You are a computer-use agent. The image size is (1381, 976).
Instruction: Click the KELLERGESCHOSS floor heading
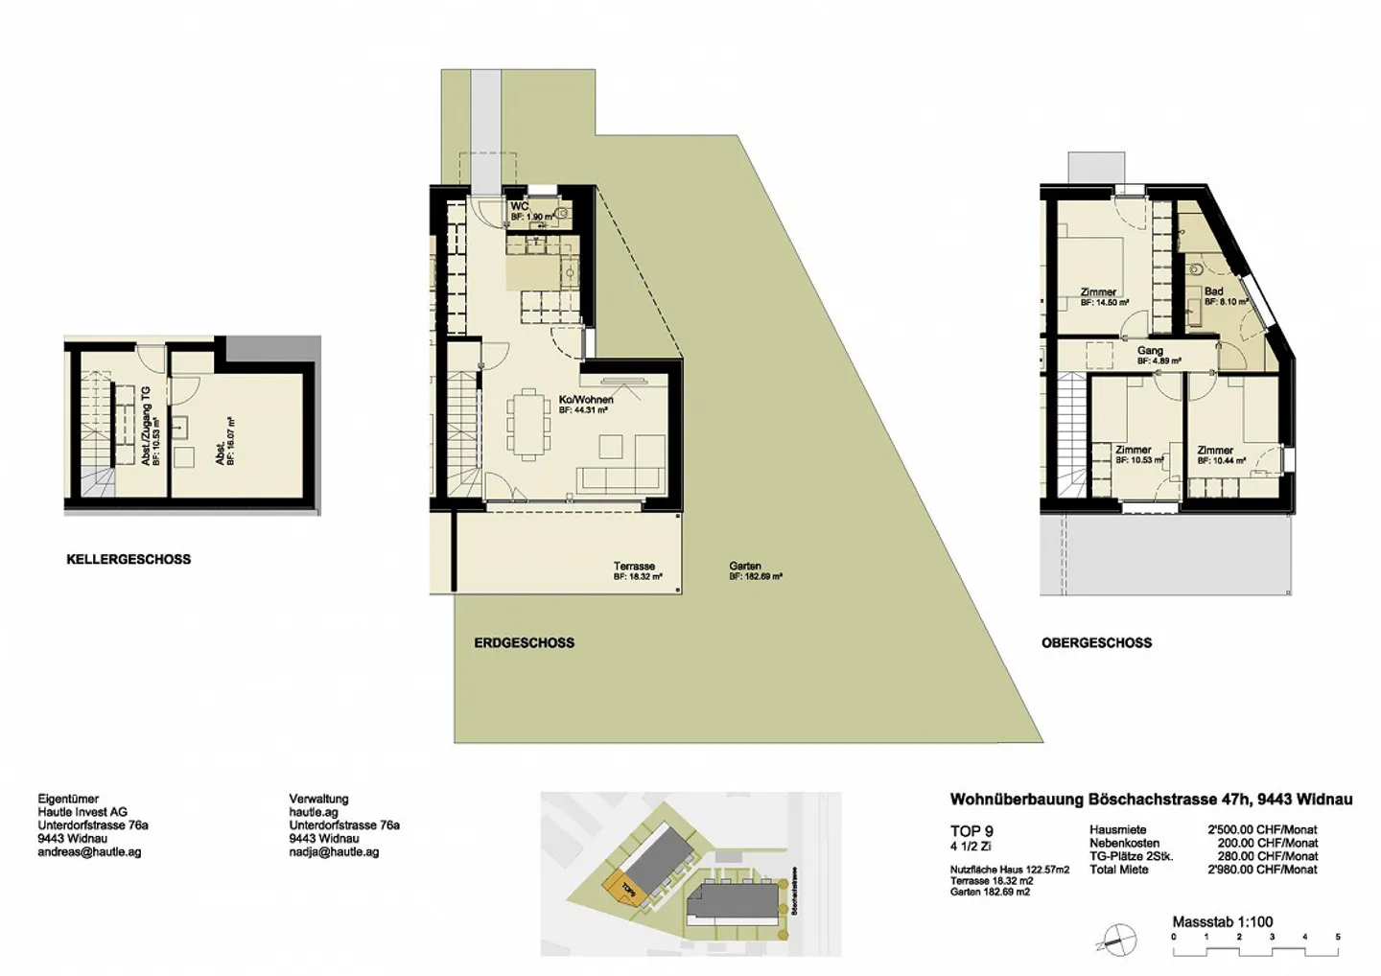[x=129, y=559]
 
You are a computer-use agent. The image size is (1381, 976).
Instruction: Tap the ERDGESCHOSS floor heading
[x=524, y=643]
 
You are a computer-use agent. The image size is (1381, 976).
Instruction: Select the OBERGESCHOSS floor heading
[x=1096, y=643]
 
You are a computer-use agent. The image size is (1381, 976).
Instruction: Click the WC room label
[x=519, y=206]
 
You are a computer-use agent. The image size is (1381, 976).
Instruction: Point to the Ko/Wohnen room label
[x=586, y=400]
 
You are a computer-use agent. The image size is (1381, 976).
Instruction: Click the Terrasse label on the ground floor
[x=634, y=567]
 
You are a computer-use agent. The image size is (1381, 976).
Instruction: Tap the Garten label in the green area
[x=745, y=567]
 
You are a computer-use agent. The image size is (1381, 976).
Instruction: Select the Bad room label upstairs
[x=1213, y=291]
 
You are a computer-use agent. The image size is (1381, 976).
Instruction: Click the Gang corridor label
[x=1150, y=351]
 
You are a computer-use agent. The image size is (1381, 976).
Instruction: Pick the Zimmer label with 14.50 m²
[x=1098, y=292]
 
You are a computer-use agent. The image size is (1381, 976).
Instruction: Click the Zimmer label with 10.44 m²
[x=1215, y=451]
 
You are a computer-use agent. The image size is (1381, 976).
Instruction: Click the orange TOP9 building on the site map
[x=623, y=888]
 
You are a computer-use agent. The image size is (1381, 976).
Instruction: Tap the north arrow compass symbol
[x=1117, y=940]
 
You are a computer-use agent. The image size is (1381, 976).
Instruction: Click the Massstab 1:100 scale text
[x=1222, y=921]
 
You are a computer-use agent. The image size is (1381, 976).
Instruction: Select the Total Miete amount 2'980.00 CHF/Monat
[x=1262, y=870]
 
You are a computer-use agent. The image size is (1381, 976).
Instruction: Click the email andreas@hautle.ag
[x=89, y=852]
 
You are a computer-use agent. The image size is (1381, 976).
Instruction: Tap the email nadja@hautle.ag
[x=334, y=852]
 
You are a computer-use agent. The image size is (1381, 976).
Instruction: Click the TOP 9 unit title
[x=971, y=831]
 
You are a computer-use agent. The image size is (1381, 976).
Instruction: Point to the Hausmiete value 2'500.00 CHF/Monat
[x=1262, y=829]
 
